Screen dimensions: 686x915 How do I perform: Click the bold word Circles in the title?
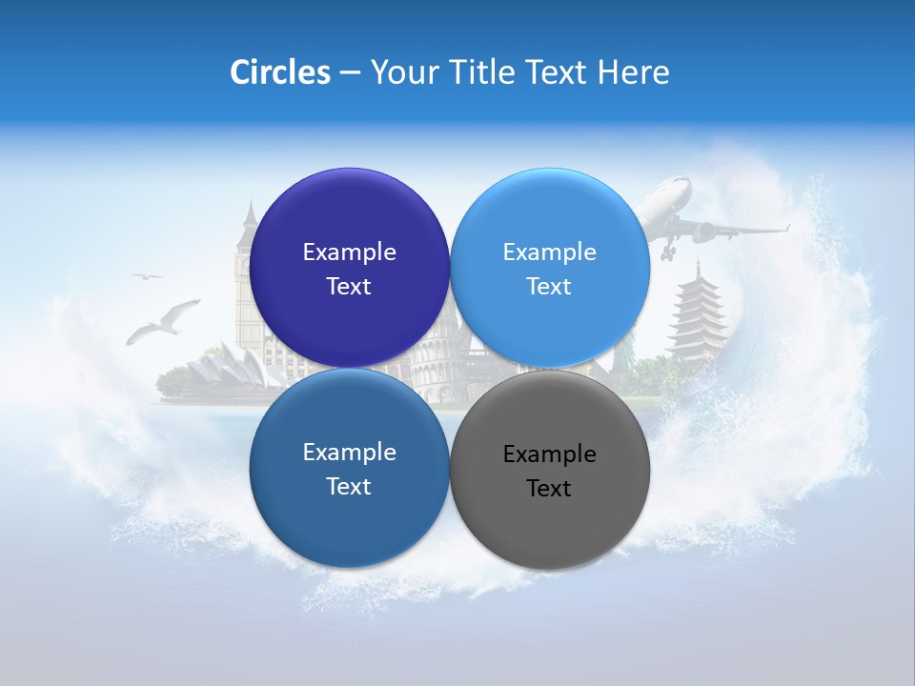click(280, 71)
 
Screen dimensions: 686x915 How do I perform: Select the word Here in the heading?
click(634, 71)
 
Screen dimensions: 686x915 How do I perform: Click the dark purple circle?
click(349, 219)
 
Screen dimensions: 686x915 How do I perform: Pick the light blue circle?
click(550, 219)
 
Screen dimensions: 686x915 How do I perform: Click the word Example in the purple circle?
click(349, 252)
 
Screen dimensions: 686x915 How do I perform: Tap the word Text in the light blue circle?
click(549, 286)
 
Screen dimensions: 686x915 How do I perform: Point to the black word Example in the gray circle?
click(549, 454)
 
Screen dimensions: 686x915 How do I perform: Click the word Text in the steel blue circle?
click(349, 486)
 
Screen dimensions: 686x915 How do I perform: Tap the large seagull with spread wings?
click(163, 321)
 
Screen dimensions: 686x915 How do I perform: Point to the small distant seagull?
click(148, 276)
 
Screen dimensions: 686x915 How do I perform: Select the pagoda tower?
click(698, 314)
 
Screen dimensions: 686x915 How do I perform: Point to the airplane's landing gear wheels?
click(667, 252)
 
